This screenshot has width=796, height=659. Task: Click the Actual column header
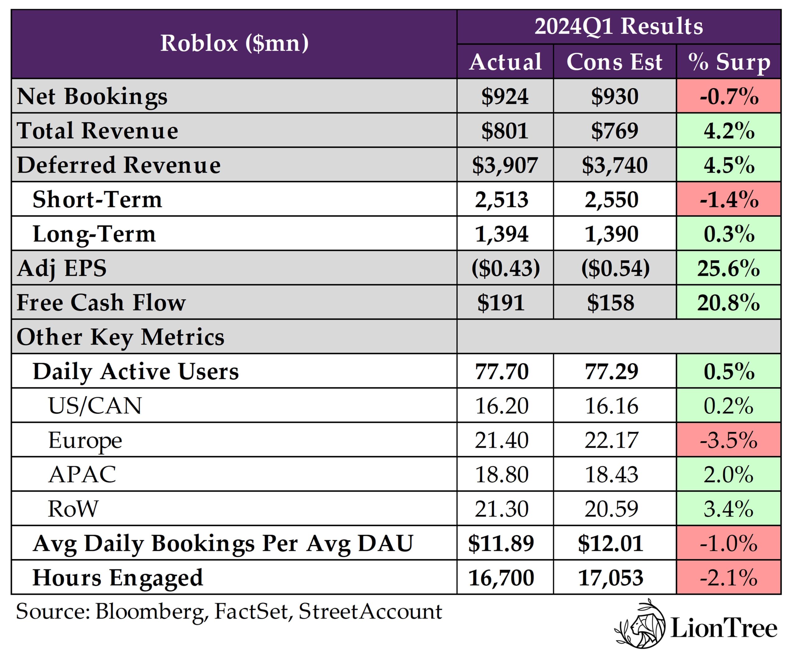(x=505, y=62)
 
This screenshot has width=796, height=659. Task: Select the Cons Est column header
(x=614, y=62)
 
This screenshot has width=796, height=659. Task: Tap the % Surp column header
(x=729, y=62)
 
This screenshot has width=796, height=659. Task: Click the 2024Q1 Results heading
(x=618, y=26)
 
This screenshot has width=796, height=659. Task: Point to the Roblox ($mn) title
(x=234, y=43)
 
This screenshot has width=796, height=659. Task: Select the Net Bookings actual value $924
(x=505, y=96)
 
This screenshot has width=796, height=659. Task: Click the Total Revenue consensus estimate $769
(x=614, y=131)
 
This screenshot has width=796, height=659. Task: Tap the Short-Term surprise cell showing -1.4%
(x=729, y=199)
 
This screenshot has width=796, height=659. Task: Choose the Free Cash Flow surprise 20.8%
(x=729, y=303)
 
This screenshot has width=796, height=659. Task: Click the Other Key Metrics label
(x=121, y=337)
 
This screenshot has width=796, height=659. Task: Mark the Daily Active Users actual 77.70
(x=502, y=371)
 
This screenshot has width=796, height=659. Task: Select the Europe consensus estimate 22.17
(x=611, y=440)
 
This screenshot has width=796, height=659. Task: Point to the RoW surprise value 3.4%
(x=729, y=509)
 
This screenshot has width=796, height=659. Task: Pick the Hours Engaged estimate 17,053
(x=611, y=578)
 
